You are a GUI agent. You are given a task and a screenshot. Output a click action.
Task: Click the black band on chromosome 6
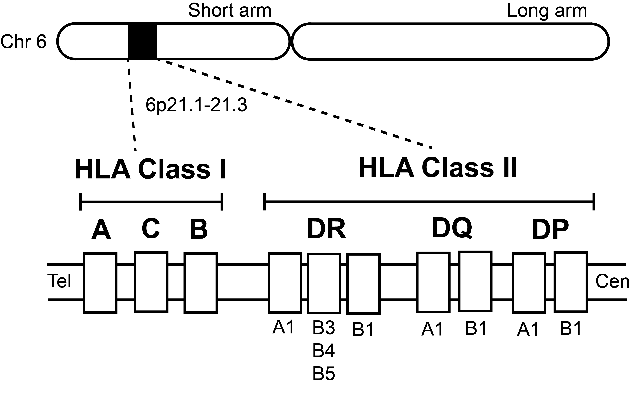tap(142, 41)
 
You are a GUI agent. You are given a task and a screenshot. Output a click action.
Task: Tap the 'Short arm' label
tap(230, 11)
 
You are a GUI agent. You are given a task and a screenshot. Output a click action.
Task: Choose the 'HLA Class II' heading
tap(438, 168)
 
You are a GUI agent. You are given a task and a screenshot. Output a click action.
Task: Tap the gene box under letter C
tap(151, 282)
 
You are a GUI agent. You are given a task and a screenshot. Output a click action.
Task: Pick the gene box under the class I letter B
tap(201, 283)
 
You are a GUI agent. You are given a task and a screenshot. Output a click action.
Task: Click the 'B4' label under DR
tap(324, 351)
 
